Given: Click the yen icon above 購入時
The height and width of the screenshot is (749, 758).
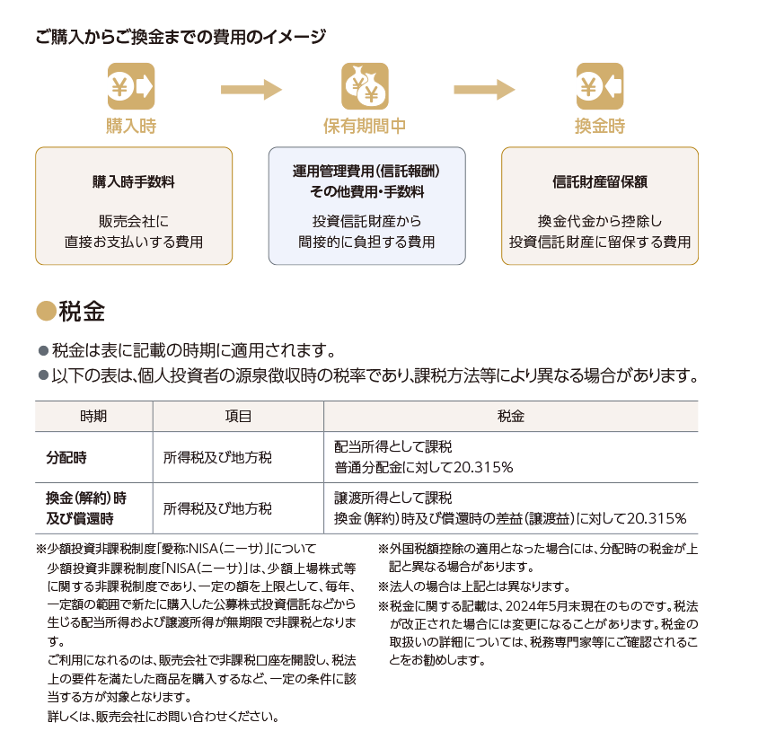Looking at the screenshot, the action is tap(131, 86).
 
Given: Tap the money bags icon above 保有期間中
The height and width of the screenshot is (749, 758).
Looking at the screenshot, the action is tap(365, 86).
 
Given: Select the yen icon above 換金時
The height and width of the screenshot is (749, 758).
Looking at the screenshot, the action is tap(600, 86).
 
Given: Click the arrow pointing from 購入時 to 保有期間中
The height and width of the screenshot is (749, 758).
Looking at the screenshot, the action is tap(251, 90).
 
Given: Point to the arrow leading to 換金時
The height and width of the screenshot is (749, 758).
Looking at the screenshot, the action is tap(484, 90).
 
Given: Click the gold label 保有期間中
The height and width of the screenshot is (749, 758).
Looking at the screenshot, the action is tap(365, 126).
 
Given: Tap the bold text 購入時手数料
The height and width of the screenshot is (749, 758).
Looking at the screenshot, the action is tap(134, 181).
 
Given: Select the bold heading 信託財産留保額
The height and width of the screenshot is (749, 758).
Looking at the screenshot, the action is tap(600, 181).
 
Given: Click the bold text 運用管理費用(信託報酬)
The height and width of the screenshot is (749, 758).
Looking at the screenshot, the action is tap(366, 172).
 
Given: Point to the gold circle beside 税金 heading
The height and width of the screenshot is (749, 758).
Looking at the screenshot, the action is tap(47, 311).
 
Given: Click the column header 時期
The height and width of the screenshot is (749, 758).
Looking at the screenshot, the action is tap(93, 417).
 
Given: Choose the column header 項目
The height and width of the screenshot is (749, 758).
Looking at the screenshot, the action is tap(238, 417).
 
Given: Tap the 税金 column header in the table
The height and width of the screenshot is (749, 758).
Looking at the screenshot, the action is tap(511, 417).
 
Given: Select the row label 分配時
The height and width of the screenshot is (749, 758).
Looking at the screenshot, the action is tap(66, 457).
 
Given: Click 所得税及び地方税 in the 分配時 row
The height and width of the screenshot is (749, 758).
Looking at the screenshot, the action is tap(217, 457).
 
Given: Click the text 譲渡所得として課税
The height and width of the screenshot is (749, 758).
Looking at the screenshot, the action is tap(393, 498).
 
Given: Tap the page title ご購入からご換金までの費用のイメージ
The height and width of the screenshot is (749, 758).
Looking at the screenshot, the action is tap(181, 37).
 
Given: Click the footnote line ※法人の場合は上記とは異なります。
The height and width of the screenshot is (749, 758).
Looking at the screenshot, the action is tap(474, 586).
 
